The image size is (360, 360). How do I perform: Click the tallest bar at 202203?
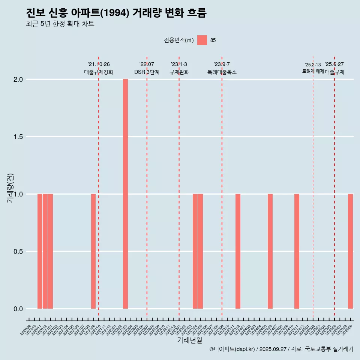coord(125,194)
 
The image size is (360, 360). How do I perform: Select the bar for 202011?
coord(40,251)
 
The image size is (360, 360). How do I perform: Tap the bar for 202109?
coord(93,251)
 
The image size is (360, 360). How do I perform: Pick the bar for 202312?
coord(238,251)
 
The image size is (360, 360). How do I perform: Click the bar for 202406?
coord(270,251)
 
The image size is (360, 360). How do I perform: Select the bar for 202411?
coord(297,251)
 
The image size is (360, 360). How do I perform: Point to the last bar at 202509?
coord(350,251)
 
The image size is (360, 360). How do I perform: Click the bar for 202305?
coord(200,251)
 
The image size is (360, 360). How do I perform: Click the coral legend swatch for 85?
coord(202,40)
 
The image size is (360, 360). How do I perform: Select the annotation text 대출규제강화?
coord(99,72)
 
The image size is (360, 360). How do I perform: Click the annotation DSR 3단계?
coord(147,72)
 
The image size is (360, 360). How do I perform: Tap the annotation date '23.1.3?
coord(179,64)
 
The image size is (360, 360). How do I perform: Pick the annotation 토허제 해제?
coord(313,71)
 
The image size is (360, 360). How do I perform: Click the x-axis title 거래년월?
coord(189,340)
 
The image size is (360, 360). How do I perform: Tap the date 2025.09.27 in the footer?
coord(273,349)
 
